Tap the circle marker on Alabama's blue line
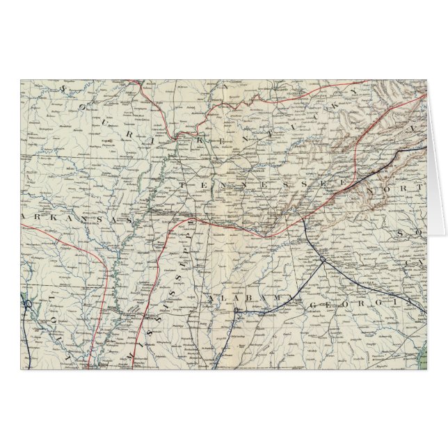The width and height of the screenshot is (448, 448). [x=237, y=310]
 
